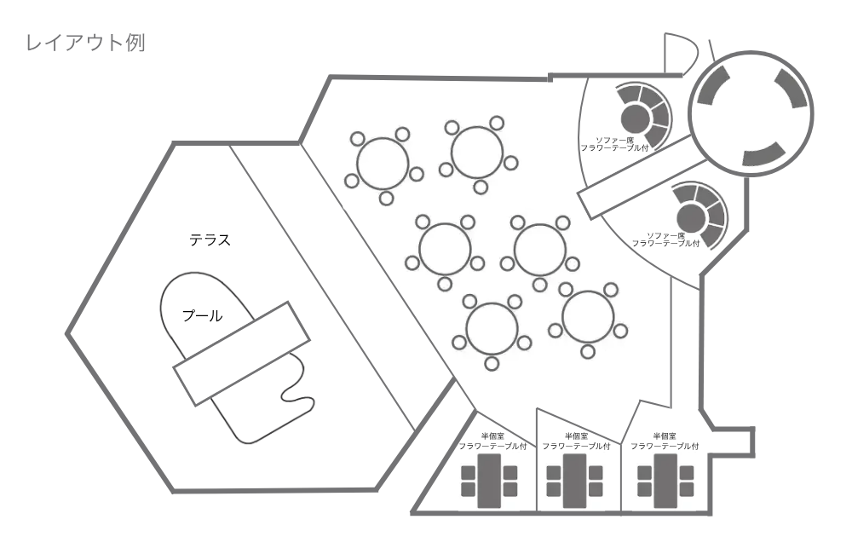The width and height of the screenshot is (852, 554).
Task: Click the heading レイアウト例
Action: coord(85,43)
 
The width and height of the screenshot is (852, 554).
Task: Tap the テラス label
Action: coord(210,240)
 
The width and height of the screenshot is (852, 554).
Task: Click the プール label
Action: coord(202,316)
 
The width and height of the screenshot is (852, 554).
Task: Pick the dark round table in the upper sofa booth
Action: coord(635,117)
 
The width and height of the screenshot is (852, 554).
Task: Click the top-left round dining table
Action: coord(383,164)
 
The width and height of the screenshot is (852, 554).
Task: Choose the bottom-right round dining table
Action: coord(587,317)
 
